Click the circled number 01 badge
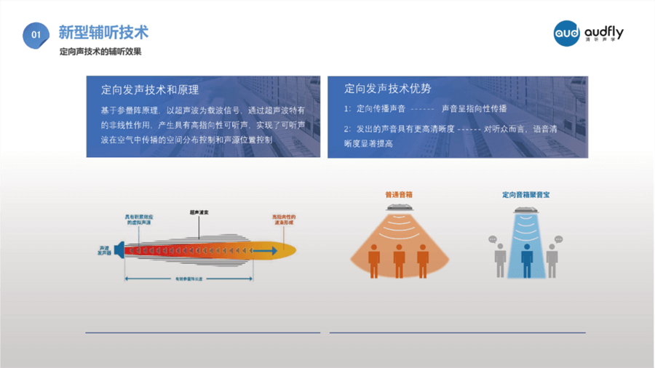click(36, 35)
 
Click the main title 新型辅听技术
click(103, 33)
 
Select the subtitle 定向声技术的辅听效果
click(100, 52)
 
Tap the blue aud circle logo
click(567, 33)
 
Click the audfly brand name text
click(603, 32)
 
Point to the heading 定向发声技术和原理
click(150, 90)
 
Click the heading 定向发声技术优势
click(388, 89)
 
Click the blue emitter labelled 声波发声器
click(118, 251)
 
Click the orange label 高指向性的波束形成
click(284, 220)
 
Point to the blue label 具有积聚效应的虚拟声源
click(138, 221)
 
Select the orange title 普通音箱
click(398, 195)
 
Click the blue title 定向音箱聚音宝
click(525, 195)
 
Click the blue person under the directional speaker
click(526, 260)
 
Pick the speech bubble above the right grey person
click(558, 239)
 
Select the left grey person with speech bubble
click(501, 260)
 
